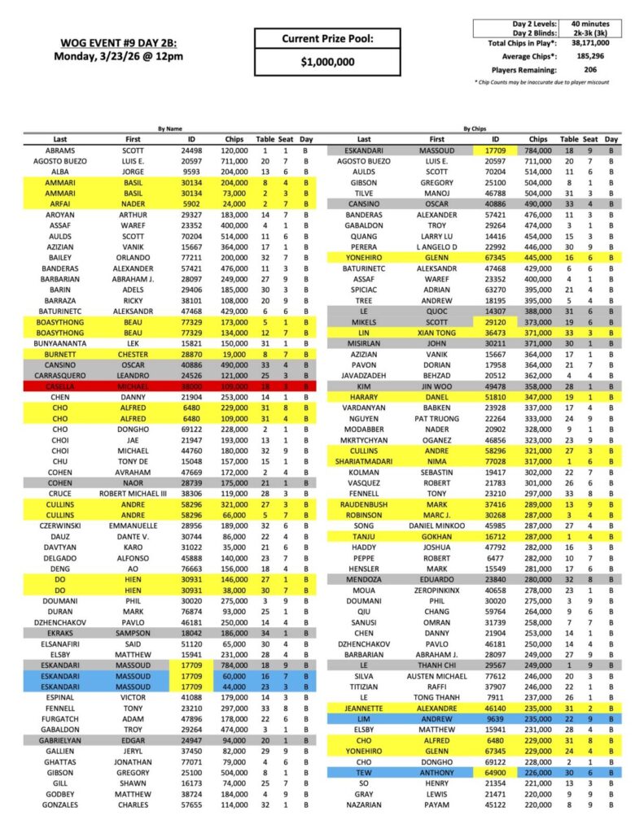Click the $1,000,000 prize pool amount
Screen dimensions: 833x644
pos(328,62)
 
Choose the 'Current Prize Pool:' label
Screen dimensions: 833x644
pos(328,38)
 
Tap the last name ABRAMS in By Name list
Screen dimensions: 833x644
pos(59,150)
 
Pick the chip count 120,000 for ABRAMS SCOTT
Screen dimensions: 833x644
pos(234,150)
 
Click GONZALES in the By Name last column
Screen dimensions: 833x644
pos(59,805)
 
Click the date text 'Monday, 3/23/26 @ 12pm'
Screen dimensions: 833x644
pos(119,56)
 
